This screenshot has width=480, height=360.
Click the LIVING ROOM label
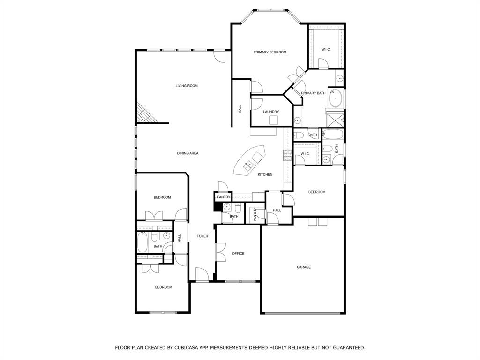click(187, 86)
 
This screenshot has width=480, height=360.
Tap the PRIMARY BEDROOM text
click(270, 52)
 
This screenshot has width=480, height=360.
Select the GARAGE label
click(303, 267)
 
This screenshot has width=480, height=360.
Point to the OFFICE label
click(238, 254)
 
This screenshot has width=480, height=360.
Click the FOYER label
click(202, 236)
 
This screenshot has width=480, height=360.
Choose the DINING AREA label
click(187, 153)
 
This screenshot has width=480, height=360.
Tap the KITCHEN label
click(265, 175)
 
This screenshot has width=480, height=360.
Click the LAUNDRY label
click(271, 112)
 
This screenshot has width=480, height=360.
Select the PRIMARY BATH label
click(313, 93)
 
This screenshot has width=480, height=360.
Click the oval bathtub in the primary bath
click(335, 97)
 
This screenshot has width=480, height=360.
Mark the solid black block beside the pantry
click(217, 206)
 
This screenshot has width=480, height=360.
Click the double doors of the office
click(219, 253)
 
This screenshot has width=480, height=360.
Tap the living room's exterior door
click(219, 56)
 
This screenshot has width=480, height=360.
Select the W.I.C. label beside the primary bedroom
click(326, 49)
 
